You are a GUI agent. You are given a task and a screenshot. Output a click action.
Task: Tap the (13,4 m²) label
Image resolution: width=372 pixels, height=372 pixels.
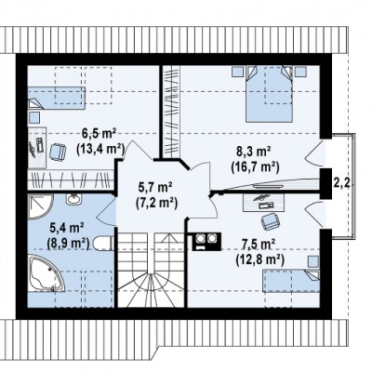100,149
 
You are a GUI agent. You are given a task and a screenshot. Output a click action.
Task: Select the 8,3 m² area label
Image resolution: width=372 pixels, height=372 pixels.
254,153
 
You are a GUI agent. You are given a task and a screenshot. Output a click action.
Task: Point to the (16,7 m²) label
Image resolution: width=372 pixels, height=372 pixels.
255,167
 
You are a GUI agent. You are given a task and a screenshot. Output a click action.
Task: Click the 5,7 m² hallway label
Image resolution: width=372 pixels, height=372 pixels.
156,188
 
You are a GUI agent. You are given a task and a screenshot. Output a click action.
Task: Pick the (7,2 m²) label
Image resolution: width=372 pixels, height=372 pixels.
156,203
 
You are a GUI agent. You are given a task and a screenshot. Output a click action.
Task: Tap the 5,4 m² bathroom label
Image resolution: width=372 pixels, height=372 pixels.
68,229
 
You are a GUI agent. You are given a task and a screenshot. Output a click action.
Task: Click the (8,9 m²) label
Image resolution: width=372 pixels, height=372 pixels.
68,243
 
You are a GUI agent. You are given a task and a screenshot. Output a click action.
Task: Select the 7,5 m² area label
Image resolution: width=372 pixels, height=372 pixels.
259,245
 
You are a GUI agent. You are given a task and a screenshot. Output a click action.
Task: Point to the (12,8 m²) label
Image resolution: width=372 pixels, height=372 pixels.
260,259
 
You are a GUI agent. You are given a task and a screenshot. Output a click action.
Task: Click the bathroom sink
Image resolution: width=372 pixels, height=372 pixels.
73,199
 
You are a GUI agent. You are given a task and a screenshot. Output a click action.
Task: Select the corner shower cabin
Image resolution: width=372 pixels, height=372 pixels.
40,206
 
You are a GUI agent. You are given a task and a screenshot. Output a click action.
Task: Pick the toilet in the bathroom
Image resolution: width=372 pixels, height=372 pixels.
102,243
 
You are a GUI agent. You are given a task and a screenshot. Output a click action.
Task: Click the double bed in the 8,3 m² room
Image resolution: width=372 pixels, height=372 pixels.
269,94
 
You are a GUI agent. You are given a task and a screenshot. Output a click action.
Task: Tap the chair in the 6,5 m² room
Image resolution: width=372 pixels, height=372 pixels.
58,153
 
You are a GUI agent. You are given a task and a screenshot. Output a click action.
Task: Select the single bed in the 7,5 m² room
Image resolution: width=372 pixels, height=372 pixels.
291,281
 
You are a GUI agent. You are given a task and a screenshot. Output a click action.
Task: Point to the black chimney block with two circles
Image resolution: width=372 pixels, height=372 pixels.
206,241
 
